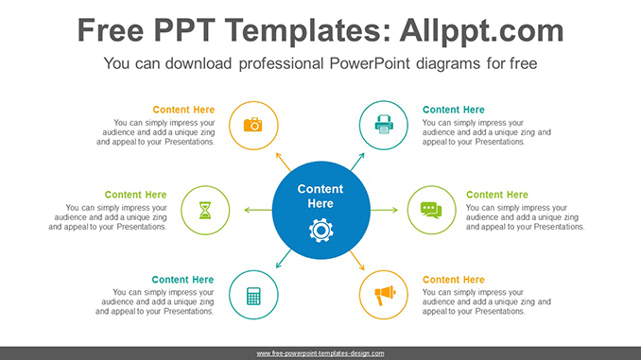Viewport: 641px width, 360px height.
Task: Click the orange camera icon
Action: pos(252,125)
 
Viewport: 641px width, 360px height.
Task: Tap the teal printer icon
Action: pos(384,125)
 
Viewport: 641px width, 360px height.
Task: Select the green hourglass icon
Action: pos(205,210)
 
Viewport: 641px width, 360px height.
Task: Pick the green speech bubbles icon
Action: pos(431,210)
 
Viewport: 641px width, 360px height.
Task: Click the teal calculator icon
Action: pos(252,295)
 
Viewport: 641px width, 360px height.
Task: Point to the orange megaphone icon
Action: pos(384,295)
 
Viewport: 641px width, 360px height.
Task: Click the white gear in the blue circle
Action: pos(320,229)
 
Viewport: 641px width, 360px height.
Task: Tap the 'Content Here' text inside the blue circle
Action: pos(320,196)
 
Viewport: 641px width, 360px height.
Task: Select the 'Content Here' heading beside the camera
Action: pos(183,110)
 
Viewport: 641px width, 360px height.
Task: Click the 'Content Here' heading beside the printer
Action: pos(454,110)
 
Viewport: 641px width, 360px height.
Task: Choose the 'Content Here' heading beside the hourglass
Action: pos(135,195)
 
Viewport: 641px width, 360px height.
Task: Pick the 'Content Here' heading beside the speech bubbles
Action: pos(497,195)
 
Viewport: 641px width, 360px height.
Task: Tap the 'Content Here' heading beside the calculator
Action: pos(183,280)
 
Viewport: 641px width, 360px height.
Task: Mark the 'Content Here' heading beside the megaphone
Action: pos(454,280)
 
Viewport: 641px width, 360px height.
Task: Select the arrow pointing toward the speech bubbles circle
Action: pos(384,210)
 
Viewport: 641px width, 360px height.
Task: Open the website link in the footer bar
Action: pos(320,352)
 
